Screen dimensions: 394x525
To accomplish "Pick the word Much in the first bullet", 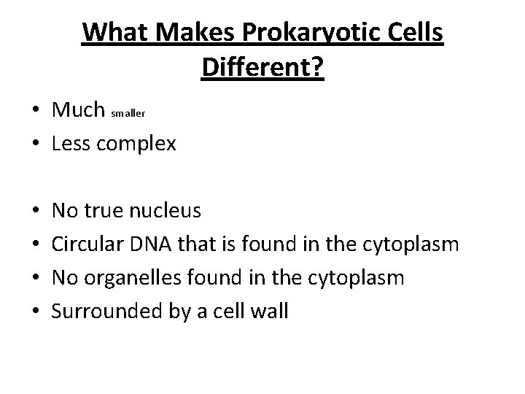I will [79, 109].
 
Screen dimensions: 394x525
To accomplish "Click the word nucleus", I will [165, 212].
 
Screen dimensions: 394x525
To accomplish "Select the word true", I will [104, 212].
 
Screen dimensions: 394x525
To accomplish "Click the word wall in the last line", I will [271, 312].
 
